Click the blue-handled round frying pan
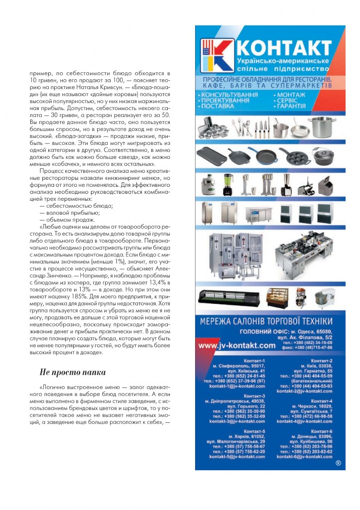click(264, 156)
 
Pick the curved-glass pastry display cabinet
click(277, 297)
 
